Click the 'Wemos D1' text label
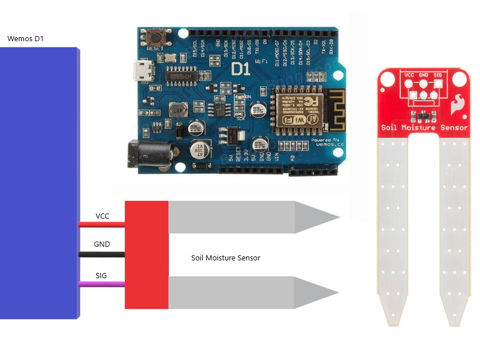coord(25,39)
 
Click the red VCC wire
coord(102,224)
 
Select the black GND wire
coord(102,253)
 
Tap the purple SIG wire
coord(102,283)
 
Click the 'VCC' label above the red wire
coord(103,216)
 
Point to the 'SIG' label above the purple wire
coord(101,275)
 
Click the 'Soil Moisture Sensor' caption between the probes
coord(226,258)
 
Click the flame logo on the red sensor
coord(457,104)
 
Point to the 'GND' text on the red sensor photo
coord(424,74)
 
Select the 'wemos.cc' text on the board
coord(325,145)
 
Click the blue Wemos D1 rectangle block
coord(39,183)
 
